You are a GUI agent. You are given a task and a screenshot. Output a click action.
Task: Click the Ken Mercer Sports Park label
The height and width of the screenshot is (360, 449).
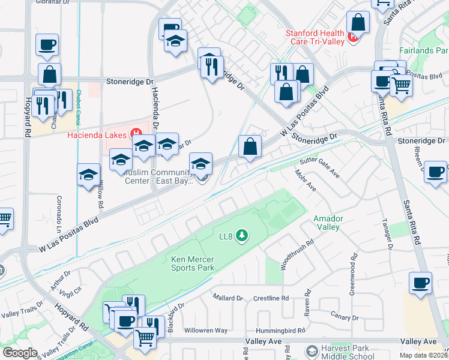point(193,264)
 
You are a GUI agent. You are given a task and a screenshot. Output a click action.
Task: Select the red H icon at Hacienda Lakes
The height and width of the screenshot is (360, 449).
point(136,133)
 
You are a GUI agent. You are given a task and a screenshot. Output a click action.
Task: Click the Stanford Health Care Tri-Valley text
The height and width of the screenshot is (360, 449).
point(315,37)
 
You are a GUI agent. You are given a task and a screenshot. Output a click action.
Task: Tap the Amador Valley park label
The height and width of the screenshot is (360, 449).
point(327,223)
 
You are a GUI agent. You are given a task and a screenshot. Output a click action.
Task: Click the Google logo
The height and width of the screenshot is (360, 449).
point(20,353)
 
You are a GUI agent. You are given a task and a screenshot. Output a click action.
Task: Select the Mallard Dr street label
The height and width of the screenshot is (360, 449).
point(227,298)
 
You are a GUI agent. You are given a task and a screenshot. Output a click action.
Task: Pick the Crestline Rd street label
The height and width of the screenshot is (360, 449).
point(271,298)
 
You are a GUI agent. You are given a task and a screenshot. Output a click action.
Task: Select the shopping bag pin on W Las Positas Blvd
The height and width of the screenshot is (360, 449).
point(250,146)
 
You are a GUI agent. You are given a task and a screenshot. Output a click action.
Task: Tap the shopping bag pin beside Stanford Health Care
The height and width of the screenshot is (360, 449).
point(358,23)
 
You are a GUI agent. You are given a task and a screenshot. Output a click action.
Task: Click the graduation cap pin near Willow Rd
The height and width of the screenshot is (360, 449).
point(89,175)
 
